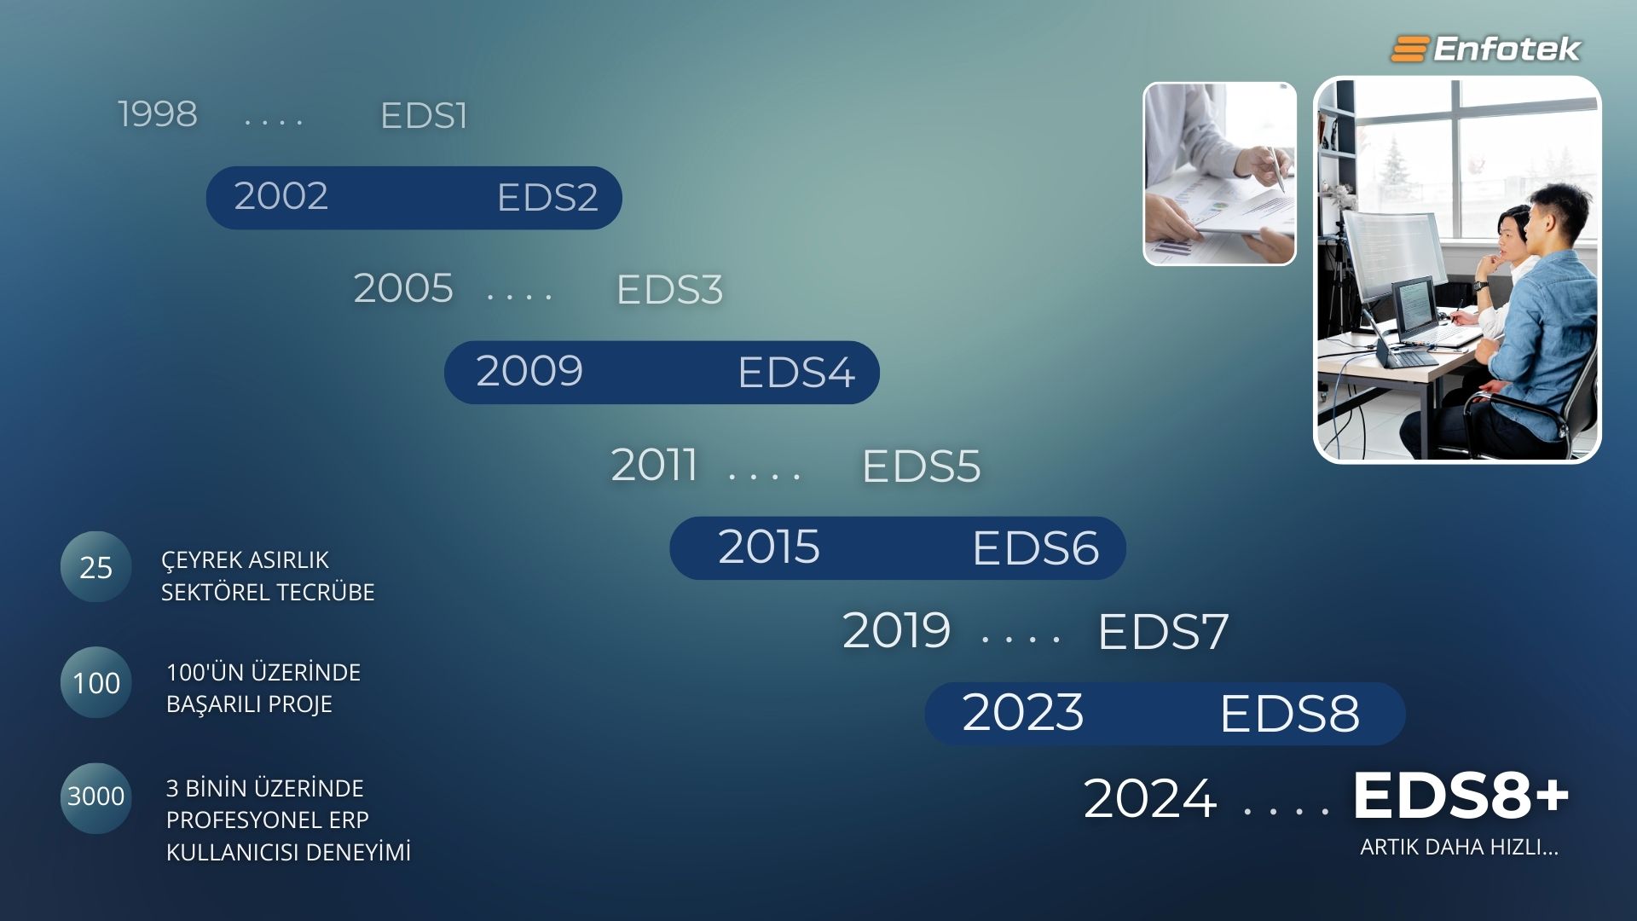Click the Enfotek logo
coord(1485,49)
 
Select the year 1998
coord(158,114)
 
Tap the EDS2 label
coord(547,198)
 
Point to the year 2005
coord(403,288)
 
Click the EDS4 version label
coord(796,373)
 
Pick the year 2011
coord(654,466)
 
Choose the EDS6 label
coord(1035,548)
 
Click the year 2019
coord(896,631)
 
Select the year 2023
coord(1023,713)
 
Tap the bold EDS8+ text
coord(1461,796)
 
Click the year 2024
coord(1150,799)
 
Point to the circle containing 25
coord(96,567)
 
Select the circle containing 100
coord(96,682)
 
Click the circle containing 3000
coord(96,797)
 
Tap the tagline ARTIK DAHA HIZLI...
coord(1459,848)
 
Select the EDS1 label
coord(424,116)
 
